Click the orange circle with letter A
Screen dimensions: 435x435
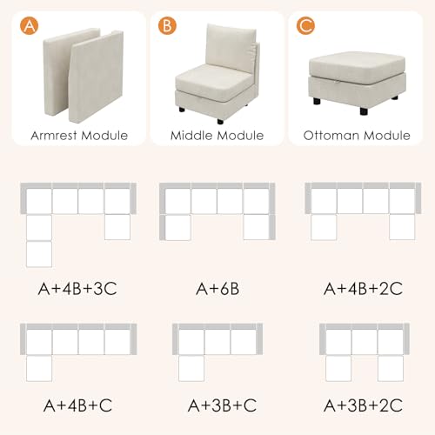click(29, 25)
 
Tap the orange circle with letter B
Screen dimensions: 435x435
click(167, 25)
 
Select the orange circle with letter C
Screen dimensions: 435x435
click(305, 25)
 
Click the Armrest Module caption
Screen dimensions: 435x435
click(79, 136)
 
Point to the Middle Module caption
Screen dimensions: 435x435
click(217, 136)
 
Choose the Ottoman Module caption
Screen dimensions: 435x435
click(357, 136)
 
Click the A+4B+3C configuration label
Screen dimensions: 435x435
click(77, 289)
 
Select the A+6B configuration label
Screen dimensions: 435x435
click(217, 289)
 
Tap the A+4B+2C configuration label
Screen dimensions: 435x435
click(363, 289)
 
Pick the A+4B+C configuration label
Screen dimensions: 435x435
click(77, 405)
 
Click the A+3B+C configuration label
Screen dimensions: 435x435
click(222, 405)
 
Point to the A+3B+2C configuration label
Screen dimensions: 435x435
click(363, 405)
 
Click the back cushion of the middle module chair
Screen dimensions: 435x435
click(231, 48)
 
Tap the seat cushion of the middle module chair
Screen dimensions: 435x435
click(214, 82)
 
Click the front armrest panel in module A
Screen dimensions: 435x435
click(96, 77)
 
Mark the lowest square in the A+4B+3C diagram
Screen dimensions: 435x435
click(39, 254)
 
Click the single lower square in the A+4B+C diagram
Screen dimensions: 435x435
click(39, 368)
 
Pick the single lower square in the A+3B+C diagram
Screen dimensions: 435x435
click(191, 368)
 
